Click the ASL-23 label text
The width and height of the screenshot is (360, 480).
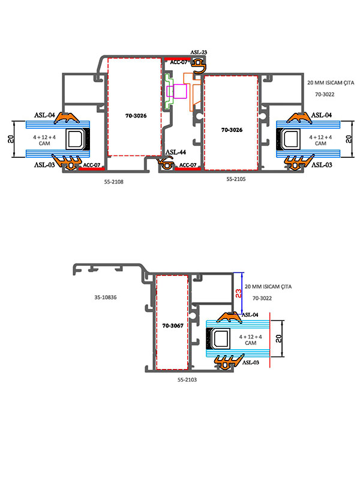[x=199, y=52]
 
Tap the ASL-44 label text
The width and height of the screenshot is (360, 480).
[x=176, y=152]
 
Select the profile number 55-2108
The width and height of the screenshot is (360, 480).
[x=113, y=182]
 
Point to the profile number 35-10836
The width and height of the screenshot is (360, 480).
[x=106, y=297]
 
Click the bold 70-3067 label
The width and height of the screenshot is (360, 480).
[x=173, y=326]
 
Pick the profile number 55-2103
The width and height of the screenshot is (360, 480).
[x=187, y=380]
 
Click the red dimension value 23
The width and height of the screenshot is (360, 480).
[x=238, y=293]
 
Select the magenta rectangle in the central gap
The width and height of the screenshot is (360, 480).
[x=176, y=91]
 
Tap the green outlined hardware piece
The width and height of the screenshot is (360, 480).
[x=169, y=91]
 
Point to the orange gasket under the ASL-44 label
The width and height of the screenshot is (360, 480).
[x=166, y=163]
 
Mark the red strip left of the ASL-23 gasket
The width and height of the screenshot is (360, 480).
[x=178, y=59]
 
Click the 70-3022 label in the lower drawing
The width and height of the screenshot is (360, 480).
[x=262, y=298]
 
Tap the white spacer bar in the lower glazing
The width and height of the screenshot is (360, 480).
[x=221, y=338]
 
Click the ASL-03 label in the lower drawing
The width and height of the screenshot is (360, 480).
[x=250, y=362]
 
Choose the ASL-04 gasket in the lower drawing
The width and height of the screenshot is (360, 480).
[x=229, y=317]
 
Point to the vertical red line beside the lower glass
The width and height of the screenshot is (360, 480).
[x=269, y=340]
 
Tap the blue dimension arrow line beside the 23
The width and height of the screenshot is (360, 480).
[x=242, y=293]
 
